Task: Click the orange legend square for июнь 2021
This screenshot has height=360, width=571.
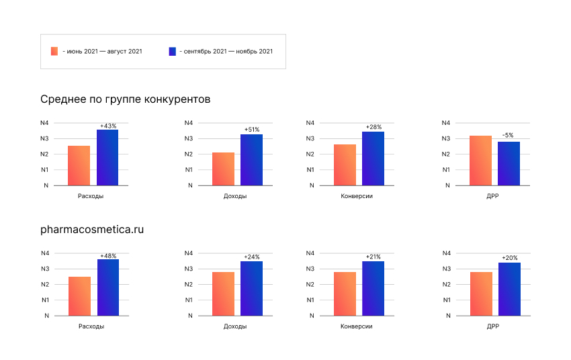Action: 54,51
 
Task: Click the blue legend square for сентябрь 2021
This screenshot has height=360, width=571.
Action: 173,51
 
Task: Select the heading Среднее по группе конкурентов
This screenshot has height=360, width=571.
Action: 126,99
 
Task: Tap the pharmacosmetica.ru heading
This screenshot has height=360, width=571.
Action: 93,229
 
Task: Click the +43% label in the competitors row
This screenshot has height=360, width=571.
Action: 108,126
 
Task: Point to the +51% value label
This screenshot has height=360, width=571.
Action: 251,130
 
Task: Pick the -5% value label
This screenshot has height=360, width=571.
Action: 509,137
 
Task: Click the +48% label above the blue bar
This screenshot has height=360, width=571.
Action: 108,256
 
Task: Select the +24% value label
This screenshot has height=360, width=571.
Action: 251,257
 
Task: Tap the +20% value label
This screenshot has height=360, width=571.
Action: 509,258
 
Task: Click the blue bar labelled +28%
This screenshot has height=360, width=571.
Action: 373,159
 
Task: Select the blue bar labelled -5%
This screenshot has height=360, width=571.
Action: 509,163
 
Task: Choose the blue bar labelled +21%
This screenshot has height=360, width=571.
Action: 373,288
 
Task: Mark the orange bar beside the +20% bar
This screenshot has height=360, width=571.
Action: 481,294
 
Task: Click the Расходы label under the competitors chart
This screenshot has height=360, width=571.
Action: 91,196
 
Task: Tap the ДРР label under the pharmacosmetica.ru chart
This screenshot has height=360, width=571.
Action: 492,326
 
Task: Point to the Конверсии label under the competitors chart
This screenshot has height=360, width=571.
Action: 357,196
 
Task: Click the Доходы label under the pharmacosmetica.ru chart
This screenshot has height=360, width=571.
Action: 234,326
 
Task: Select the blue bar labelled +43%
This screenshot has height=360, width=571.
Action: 107,157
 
